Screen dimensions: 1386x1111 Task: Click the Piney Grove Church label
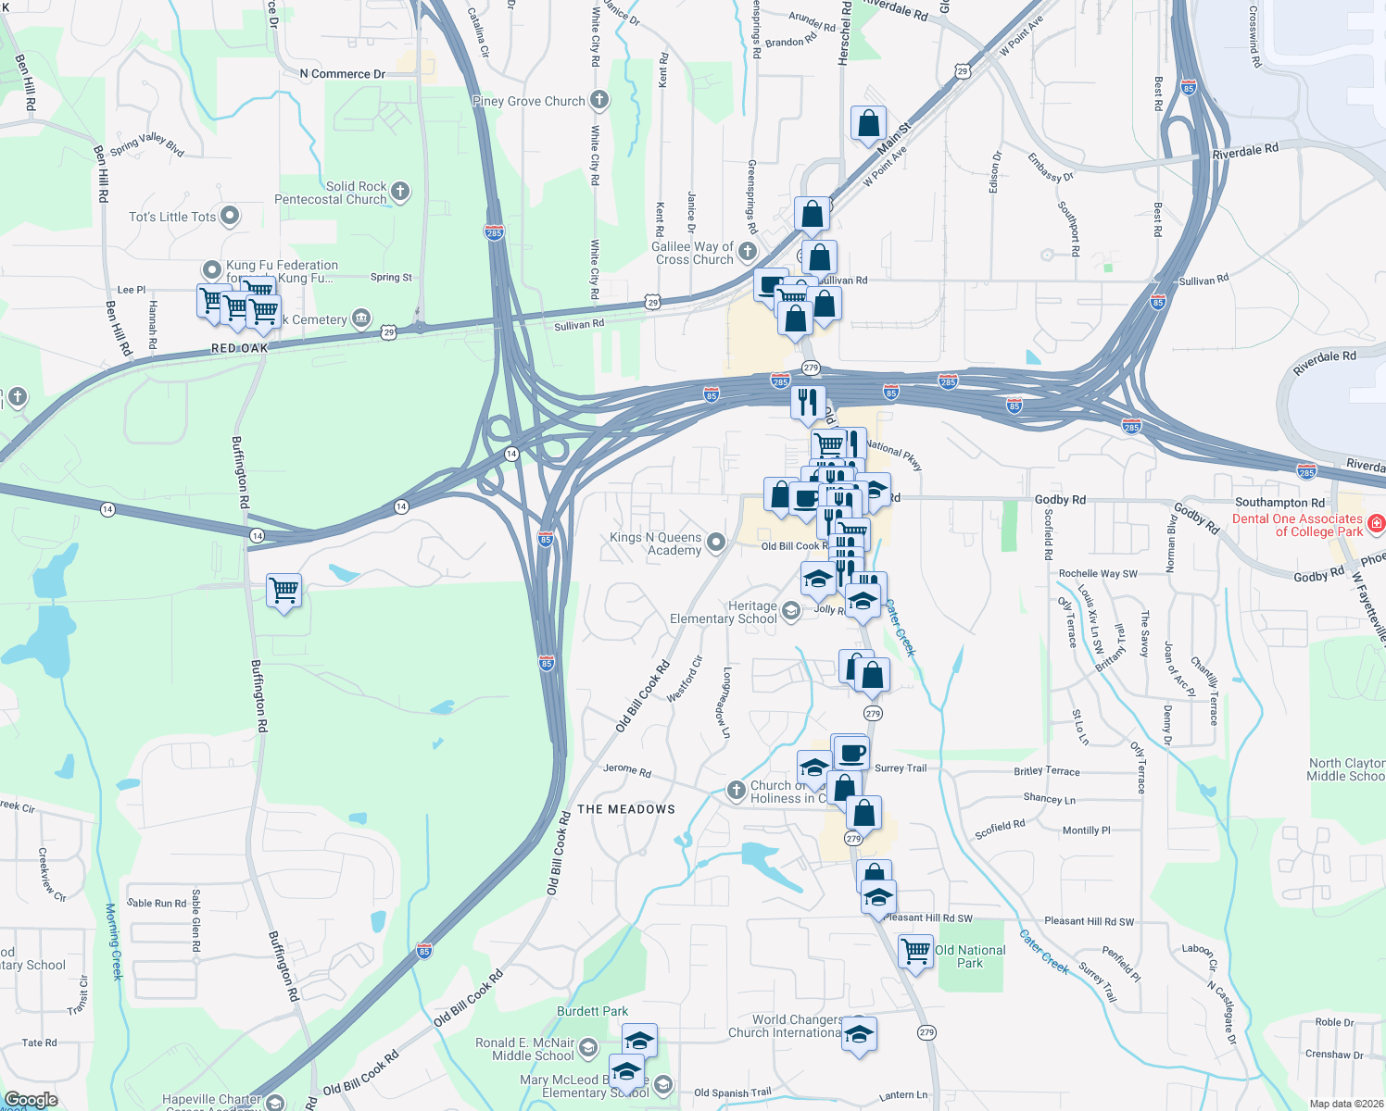pyautogui.click(x=528, y=101)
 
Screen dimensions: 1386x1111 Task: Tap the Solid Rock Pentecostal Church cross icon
pyautogui.click(x=400, y=192)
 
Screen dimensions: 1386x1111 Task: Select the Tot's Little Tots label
pyautogui.click(x=172, y=217)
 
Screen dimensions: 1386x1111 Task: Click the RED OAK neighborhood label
pyautogui.click(x=240, y=348)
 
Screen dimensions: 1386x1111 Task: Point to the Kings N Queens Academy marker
pyautogui.click(x=716, y=543)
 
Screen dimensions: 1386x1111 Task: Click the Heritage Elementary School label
pyautogui.click(x=724, y=612)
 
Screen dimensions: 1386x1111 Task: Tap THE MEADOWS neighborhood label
pyautogui.click(x=626, y=809)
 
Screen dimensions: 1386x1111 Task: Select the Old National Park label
pyautogui.click(x=970, y=956)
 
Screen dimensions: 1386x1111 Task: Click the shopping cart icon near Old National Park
pyautogui.click(x=915, y=951)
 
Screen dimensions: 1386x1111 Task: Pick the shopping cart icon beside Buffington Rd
pyautogui.click(x=284, y=590)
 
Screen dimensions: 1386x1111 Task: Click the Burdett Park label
pyautogui.click(x=592, y=1011)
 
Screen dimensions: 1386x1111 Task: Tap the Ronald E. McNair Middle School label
pyautogui.click(x=525, y=1049)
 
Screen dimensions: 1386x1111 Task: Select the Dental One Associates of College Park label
pyautogui.click(x=1297, y=525)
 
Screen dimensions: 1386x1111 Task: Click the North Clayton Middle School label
pyautogui.click(x=1346, y=769)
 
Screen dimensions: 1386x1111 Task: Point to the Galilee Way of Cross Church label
pyautogui.click(x=693, y=253)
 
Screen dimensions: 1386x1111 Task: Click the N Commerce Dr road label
pyautogui.click(x=342, y=74)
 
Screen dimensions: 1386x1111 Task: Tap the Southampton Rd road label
pyautogui.click(x=1279, y=502)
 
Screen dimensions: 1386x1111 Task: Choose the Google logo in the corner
pyautogui.click(x=31, y=1100)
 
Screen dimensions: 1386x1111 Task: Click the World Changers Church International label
pyautogui.click(x=785, y=1026)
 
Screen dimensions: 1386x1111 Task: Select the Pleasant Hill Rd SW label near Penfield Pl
pyautogui.click(x=1089, y=921)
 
